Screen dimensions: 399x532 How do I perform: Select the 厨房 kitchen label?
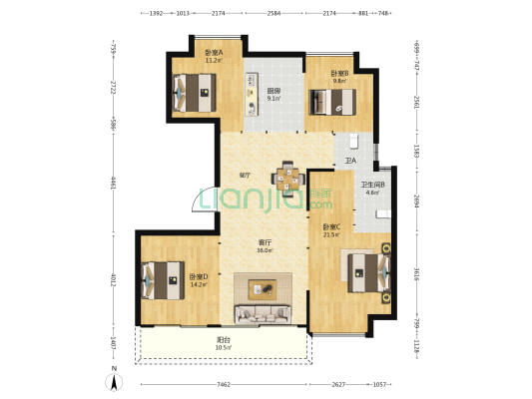click(x=273, y=91)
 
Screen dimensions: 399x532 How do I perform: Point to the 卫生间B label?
click(x=372, y=185)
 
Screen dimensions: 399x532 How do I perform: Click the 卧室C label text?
click(x=330, y=227)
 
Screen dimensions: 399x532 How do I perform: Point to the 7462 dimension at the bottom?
click(x=224, y=384)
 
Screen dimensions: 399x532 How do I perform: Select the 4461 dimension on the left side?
click(x=114, y=184)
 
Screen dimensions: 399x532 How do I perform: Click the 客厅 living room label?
click(x=266, y=242)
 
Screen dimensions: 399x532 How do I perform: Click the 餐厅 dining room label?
click(x=244, y=176)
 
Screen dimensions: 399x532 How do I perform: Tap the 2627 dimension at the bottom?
click(x=338, y=384)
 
